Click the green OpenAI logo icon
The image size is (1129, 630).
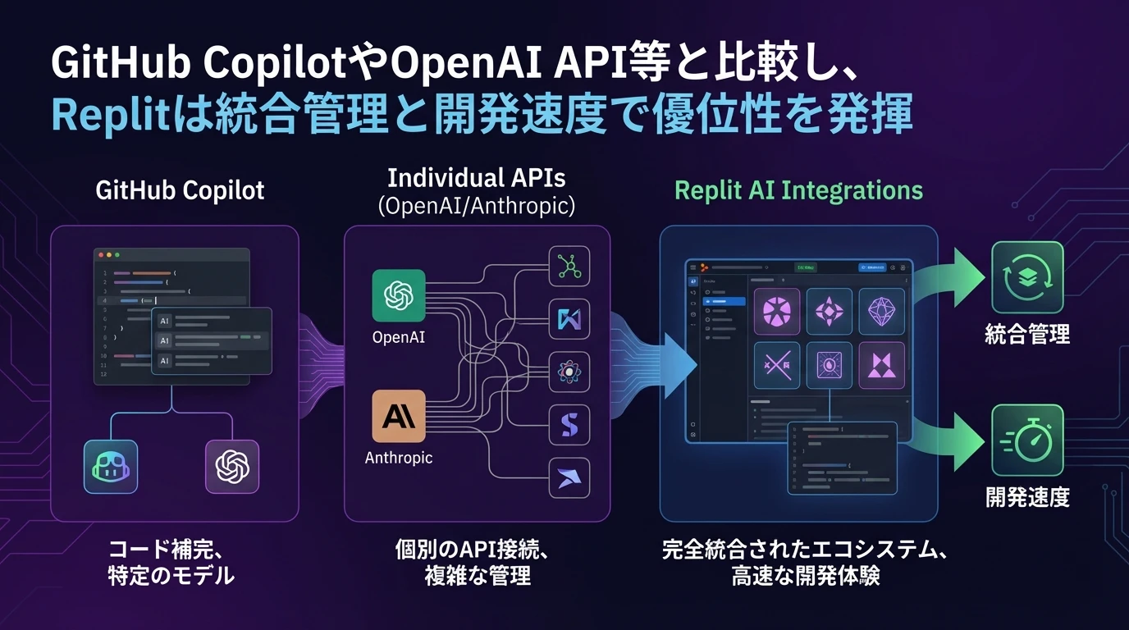point(399,295)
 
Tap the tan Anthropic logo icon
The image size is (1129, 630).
point(399,416)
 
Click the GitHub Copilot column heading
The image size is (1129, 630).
point(180,190)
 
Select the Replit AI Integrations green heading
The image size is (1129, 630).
point(798,190)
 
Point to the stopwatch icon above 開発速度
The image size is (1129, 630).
point(1027,441)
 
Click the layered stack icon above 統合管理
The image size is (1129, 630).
point(1027,277)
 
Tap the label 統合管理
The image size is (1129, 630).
point(1027,334)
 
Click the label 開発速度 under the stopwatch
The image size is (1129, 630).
point(1027,497)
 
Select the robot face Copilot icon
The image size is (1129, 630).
point(111,467)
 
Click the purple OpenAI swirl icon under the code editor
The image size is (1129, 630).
point(232,467)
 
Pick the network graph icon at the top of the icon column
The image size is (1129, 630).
point(569,267)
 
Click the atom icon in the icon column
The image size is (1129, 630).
point(569,372)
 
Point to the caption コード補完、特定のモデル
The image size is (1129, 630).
point(171,562)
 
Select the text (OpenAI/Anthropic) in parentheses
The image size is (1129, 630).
point(477,205)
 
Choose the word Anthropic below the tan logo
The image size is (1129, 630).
point(399,458)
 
